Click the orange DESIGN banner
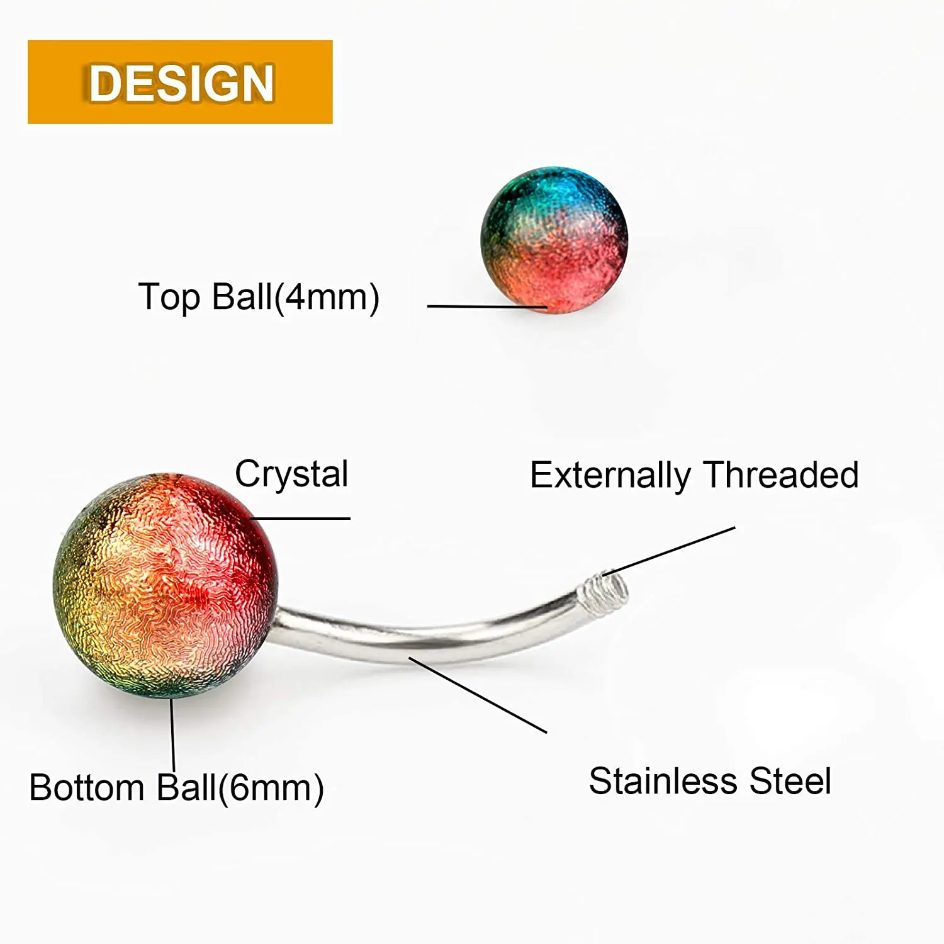click(180, 82)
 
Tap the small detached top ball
click(554, 240)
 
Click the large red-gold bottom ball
click(165, 585)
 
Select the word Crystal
click(291, 474)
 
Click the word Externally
click(610, 475)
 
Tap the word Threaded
click(781, 475)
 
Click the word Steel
click(790, 782)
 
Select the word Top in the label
click(169, 297)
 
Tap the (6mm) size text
click(271, 788)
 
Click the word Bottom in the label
click(87, 788)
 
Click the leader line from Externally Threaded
click(673, 550)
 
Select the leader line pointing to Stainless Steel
click(478, 695)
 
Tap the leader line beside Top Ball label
click(485, 306)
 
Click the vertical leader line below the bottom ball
click(172, 733)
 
